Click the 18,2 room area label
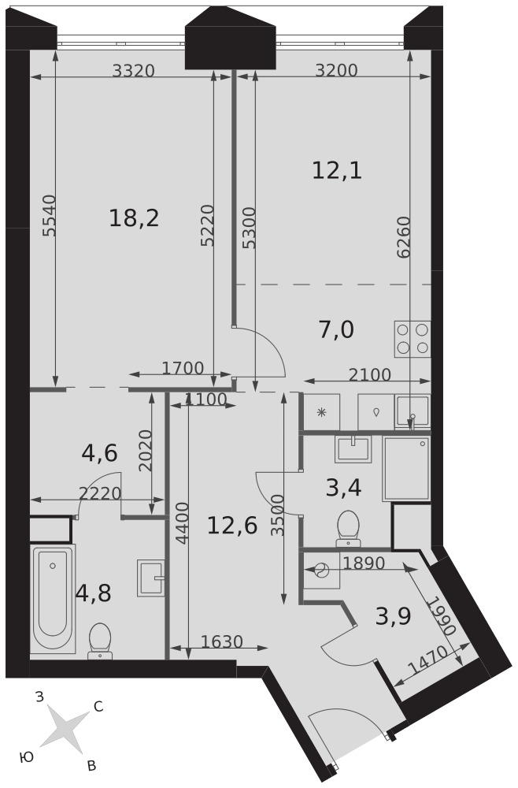[x=134, y=218]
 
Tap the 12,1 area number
[x=337, y=171]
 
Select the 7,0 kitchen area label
[x=336, y=330]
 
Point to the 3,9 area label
[x=394, y=615]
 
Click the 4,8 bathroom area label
[x=94, y=593]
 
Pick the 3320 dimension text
[x=133, y=71]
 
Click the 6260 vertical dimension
[x=404, y=237]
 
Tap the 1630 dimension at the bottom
[x=222, y=641]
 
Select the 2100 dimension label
[x=369, y=375]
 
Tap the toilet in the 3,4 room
[x=348, y=528]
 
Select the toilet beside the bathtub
[x=99, y=641]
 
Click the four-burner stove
[x=413, y=339]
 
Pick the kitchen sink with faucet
[x=412, y=413]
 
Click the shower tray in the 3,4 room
[x=406, y=469]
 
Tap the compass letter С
[x=98, y=707]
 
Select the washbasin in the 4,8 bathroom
[x=151, y=578]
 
